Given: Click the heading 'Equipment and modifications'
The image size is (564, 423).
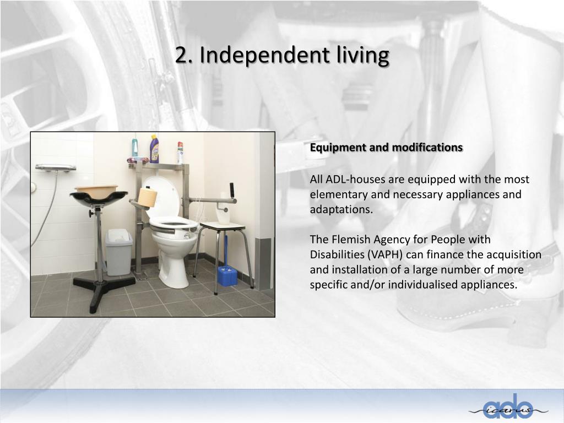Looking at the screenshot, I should coord(386,148).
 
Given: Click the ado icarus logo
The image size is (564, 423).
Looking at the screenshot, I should coord(507,408).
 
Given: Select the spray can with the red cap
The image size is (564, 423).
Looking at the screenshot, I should coord(180,153).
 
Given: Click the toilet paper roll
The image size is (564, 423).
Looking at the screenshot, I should coord(147,197).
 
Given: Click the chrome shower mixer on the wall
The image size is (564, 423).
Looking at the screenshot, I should coord(56,167).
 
